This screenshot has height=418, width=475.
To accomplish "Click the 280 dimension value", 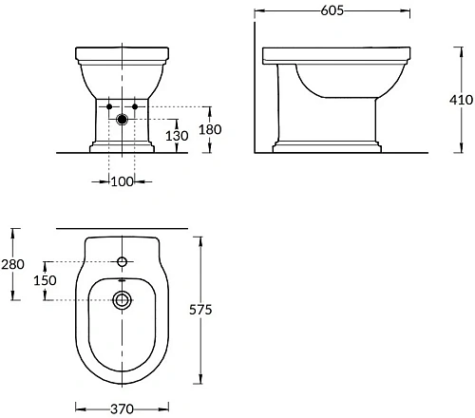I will pyautogui.click(x=12, y=264).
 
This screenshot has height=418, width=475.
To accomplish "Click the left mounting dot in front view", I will pyautogui.click(x=109, y=105).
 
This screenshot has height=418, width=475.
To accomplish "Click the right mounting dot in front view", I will pyautogui.click(x=135, y=105).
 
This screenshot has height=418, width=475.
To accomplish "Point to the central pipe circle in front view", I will pyautogui.click(x=122, y=120).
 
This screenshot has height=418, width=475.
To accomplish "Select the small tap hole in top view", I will pyautogui.click(x=122, y=261).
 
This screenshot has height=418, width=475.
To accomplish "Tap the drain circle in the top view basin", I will pyautogui.click(x=122, y=301).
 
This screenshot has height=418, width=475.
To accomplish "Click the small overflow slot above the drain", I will pyautogui.click(x=122, y=282).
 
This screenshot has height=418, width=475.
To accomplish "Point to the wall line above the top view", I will pyautogui.click(x=122, y=229).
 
